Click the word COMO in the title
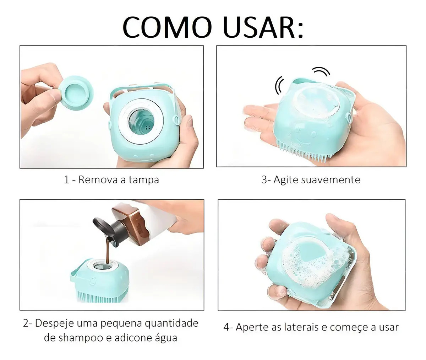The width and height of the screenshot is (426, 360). (167, 27)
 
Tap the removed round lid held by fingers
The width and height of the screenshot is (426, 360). (76, 93)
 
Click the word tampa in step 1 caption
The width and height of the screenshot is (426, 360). (144, 180)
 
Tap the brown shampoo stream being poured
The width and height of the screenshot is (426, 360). (109, 251)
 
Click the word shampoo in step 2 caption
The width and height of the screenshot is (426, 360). (78, 338)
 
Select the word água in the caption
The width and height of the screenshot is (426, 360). (166, 338)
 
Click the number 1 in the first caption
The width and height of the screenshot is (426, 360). (66, 180)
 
